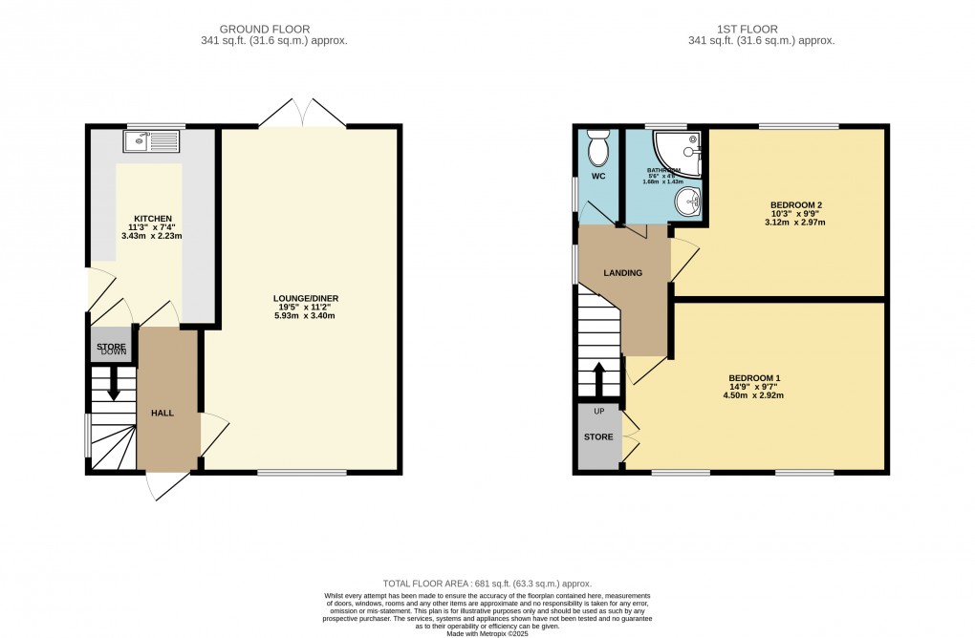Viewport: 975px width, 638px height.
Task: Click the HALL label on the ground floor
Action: (x=162, y=412)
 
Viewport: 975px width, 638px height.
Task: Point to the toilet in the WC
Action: (x=598, y=151)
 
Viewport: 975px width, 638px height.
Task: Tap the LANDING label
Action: (x=621, y=273)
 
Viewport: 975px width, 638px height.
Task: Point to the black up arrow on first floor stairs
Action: (x=599, y=376)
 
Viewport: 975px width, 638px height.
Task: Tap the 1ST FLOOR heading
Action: (x=761, y=29)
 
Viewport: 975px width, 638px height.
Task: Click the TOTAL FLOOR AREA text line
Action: (x=487, y=584)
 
